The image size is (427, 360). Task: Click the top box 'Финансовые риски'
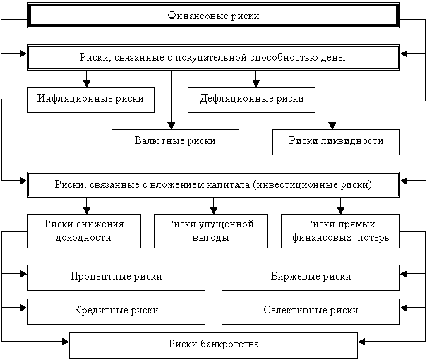point(213,16)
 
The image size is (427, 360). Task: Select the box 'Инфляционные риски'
point(90,100)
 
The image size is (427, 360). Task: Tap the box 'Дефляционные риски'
point(252,100)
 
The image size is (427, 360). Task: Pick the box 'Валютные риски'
point(174,142)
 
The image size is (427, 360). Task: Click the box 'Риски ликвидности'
point(336,142)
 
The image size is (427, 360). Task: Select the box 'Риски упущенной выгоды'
point(210,231)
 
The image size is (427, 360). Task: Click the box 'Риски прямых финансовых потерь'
point(340,231)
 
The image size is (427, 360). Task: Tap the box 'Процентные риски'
point(116,277)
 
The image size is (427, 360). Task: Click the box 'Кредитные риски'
point(116,311)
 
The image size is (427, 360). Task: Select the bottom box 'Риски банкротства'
point(213,344)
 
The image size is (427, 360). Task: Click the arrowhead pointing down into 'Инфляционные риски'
point(87,83)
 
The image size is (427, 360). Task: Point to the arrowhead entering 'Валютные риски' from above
point(171,126)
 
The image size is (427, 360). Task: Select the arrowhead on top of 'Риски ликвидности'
point(332,126)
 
